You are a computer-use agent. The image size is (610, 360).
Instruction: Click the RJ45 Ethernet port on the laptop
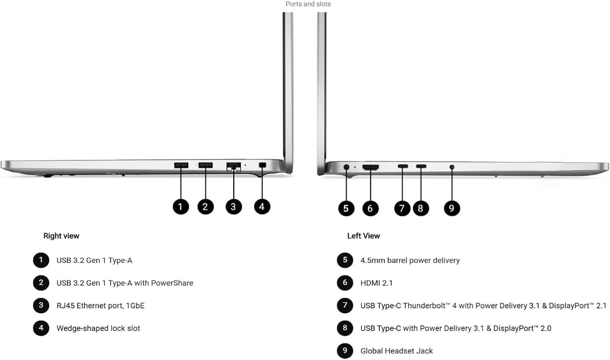(234, 166)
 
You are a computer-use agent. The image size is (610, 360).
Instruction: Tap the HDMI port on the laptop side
(370, 167)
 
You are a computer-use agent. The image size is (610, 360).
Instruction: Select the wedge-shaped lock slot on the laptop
(262, 165)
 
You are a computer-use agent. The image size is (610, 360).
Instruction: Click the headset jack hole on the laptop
(452, 167)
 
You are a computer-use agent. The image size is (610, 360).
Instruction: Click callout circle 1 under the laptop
(181, 207)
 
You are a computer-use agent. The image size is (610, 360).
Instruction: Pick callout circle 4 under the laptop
(262, 207)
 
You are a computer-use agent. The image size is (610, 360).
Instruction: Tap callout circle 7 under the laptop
(402, 208)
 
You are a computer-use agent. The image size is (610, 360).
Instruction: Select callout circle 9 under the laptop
(451, 208)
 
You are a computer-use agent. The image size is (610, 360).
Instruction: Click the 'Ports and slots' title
(308, 4)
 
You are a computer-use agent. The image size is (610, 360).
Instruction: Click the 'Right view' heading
(61, 236)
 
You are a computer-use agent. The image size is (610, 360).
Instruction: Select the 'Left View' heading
(363, 236)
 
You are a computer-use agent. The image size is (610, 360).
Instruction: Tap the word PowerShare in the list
(172, 283)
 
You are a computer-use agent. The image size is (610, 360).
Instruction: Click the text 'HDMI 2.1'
(376, 283)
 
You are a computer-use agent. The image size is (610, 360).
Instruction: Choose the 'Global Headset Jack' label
(396, 351)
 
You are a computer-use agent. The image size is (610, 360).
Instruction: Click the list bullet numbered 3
(41, 305)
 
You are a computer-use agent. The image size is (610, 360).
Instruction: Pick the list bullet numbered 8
(345, 328)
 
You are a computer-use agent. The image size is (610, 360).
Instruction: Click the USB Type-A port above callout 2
(206, 165)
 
